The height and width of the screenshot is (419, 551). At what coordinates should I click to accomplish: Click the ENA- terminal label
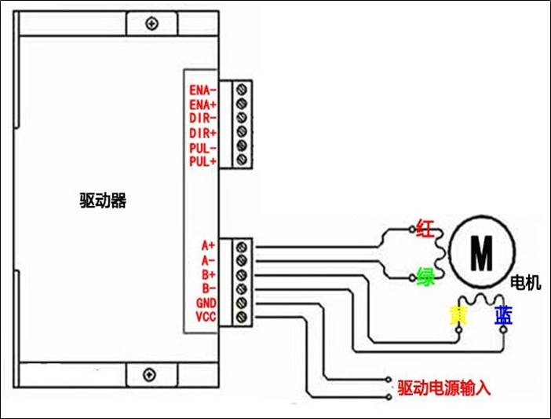[x=203, y=90]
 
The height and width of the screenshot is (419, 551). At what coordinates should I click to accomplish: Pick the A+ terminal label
[x=208, y=245]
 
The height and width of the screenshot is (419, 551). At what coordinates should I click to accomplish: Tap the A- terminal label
[x=208, y=259]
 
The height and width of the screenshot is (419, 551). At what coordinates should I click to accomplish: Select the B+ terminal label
[x=208, y=274]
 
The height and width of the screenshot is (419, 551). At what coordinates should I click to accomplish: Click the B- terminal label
[x=208, y=288]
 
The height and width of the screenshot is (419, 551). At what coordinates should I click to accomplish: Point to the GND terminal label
[x=206, y=303]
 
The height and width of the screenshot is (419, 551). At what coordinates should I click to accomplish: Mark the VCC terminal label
[x=206, y=317]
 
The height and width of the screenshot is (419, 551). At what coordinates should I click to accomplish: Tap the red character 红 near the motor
[x=425, y=229]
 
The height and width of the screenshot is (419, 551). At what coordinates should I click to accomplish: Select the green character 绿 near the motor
[x=425, y=277]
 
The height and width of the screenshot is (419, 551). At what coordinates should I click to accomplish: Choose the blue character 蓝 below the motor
[x=503, y=316]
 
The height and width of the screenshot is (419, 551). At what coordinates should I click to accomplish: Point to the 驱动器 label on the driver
[x=103, y=200]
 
